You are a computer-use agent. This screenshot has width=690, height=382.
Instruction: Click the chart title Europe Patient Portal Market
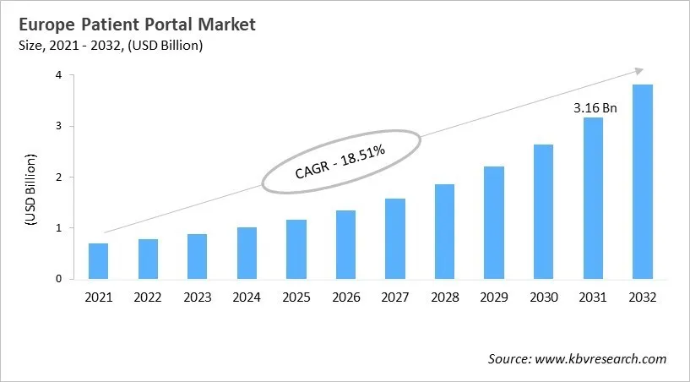pyautogui.click(x=141, y=25)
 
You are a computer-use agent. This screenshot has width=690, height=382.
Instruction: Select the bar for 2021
pyautogui.click(x=99, y=261)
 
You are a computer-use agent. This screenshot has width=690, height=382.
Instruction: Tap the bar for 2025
pyautogui.click(x=296, y=249)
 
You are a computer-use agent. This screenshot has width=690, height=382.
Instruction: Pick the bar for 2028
pyautogui.click(x=444, y=232)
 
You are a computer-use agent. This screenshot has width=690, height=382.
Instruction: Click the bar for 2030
pyautogui.click(x=543, y=211)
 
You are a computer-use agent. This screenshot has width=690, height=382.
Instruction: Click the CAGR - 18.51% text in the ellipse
pyautogui.click(x=340, y=161)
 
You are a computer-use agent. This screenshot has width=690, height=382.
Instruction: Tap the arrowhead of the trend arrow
pyautogui.click(x=639, y=70)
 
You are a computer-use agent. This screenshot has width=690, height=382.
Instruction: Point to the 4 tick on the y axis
pyautogui.click(x=59, y=75)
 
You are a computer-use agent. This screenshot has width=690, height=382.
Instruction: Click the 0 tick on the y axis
pyautogui.click(x=59, y=279)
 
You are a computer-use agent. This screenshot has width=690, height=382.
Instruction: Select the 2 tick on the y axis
pyautogui.click(x=59, y=177)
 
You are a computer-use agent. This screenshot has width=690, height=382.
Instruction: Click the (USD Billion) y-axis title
pyautogui.click(x=31, y=189)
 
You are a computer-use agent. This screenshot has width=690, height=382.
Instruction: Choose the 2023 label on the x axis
pyautogui.click(x=198, y=297)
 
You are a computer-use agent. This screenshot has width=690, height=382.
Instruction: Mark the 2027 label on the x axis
pyautogui.click(x=395, y=297)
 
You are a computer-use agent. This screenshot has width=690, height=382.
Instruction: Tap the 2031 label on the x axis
pyautogui.click(x=593, y=297)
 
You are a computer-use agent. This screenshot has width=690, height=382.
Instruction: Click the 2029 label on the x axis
pyautogui.click(x=494, y=297)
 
